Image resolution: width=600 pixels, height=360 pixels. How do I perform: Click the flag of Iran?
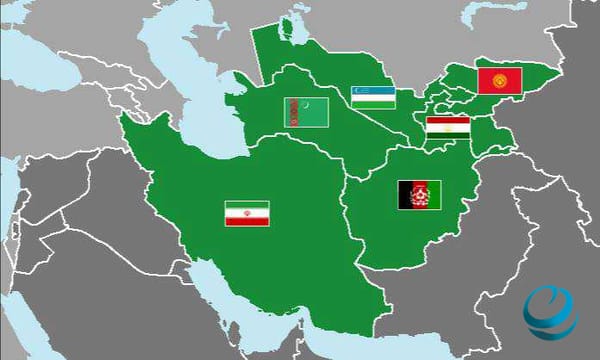246,213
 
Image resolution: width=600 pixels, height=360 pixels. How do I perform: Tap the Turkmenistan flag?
305,112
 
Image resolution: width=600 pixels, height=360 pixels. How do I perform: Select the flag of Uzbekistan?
372,97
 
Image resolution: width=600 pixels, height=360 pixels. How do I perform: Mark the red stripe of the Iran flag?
246,221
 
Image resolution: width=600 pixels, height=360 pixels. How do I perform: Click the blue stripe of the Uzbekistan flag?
372,90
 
